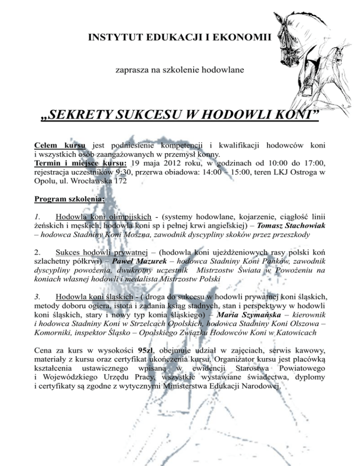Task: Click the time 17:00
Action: tap(314, 163)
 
